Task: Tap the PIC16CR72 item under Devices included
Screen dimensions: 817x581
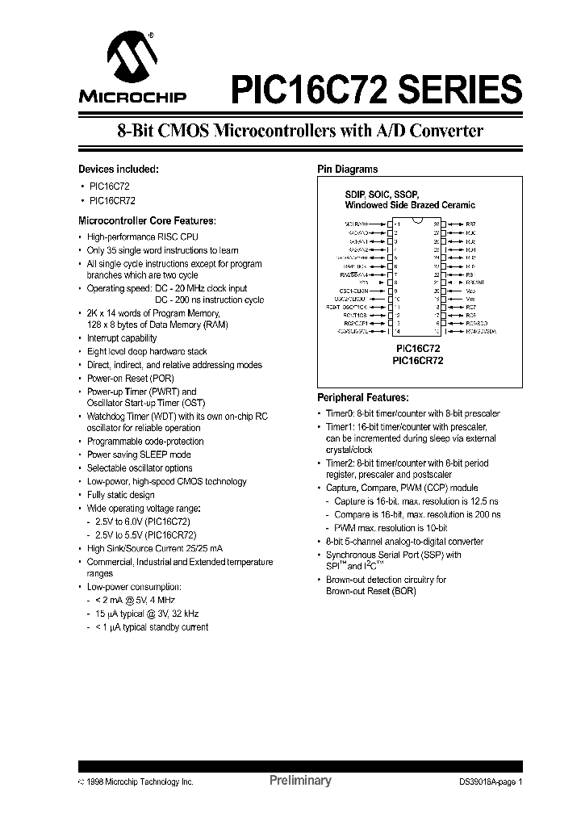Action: pyautogui.click(x=112, y=200)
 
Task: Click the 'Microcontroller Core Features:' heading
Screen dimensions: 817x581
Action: pyautogui.click(x=147, y=220)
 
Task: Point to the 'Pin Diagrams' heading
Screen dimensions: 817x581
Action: pyautogui.click(x=348, y=170)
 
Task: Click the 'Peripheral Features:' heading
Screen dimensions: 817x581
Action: pyautogui.click(x=362, y=398)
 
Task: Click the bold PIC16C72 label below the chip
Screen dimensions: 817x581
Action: pyautogui.click(x=417, y=350)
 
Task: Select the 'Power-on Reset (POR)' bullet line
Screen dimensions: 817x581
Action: pyautogui.click(x=130, y=378)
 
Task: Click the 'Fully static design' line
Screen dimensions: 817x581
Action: pyautogui.click(x=120, y=495)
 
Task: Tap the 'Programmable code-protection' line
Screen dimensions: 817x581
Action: pyautogui.click(x=145, y=442)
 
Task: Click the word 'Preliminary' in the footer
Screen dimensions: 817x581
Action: pyautogui.click(x=299, y=781)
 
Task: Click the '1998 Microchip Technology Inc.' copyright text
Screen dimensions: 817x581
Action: pyautogui.click(x=140, y=781)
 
